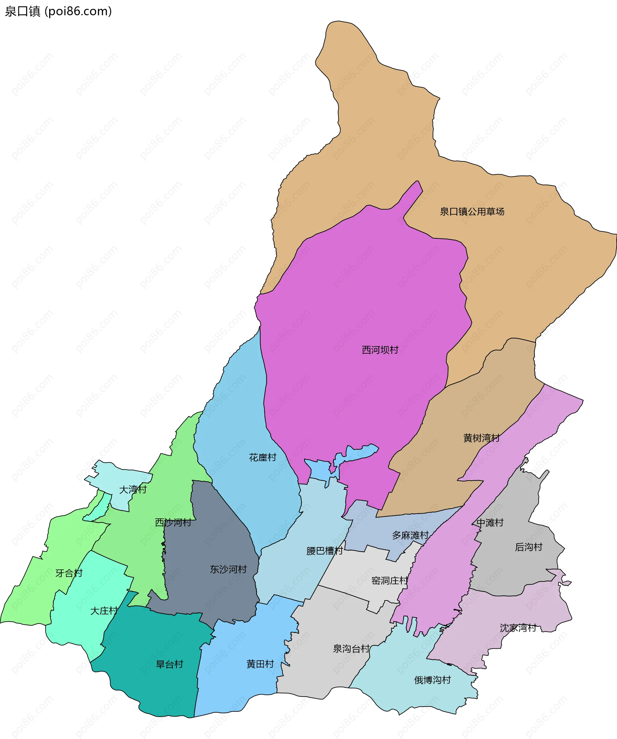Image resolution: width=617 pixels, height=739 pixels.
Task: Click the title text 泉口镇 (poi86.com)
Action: click(x=58, y=11)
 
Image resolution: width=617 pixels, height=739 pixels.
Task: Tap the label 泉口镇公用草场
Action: click(x=472, y=212)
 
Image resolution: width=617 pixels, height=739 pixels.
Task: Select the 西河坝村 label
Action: click(x=380, y=350)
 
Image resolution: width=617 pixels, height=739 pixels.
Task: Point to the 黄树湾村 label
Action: click(x=481, y=438)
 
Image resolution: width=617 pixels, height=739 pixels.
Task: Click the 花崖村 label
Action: click(x=263, y=457)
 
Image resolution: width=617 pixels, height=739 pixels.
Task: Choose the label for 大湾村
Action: click(x=133, y=490)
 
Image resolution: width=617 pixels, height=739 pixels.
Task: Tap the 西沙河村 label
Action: click(x=173, y=523)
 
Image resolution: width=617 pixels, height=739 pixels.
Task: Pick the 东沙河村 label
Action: click(x=228, y=569)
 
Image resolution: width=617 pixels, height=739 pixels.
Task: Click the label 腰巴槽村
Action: click(x=324, y=551)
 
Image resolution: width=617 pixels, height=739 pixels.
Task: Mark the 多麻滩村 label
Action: click(x=410, y=536)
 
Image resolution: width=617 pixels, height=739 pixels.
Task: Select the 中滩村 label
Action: click(x=490, y=523)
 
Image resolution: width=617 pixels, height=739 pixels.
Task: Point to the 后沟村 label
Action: click(x=528, y=547)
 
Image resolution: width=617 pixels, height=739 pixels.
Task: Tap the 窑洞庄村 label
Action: click(x=389, y=581)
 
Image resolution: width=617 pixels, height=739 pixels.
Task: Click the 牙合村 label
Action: click(x=69, y=573)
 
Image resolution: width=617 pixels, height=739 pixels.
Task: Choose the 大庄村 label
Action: click(x=104, y=611)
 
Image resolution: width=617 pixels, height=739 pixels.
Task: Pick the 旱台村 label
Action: click(x=170, y=664)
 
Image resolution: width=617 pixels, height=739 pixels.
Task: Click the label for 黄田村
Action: click(x=260, y=664)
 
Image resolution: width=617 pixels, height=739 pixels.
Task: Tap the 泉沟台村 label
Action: click(x=351, y=649)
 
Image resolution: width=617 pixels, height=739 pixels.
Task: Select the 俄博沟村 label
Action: click(x=432, y=680)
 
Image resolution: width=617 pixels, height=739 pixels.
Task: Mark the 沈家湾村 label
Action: click(x=518, y=628)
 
